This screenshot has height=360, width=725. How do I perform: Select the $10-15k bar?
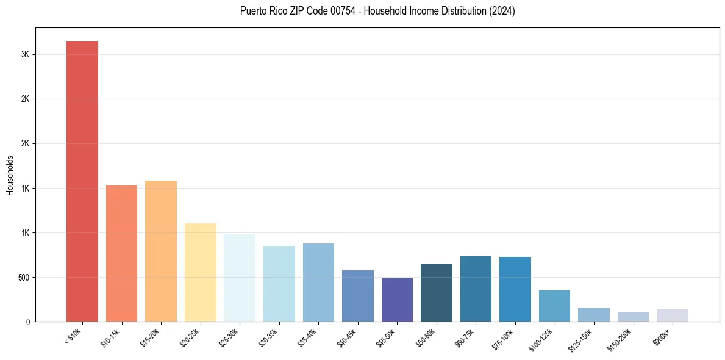[121, 253]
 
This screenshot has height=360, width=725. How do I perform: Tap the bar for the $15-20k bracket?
[161, 251]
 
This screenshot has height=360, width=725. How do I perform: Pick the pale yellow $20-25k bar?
[201, 272]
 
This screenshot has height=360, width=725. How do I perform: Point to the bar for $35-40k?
[318, 283]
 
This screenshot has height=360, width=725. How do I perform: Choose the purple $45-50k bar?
[397, 300]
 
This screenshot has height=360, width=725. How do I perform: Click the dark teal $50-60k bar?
[437, 292]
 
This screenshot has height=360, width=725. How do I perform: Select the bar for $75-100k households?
[515, 289]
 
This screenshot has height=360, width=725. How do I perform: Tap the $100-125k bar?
[554, 306]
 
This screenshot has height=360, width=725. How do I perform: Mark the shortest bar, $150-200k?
[633, 317]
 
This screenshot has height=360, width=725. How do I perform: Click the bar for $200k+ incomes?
[673, 315]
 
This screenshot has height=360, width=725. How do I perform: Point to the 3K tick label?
[25, 54]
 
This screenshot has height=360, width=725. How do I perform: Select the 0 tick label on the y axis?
[27, 322]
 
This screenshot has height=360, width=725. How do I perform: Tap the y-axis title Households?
[10, 175]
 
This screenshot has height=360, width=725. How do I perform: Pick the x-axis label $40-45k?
[348, 337]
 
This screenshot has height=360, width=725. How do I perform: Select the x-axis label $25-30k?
[229, 337]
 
